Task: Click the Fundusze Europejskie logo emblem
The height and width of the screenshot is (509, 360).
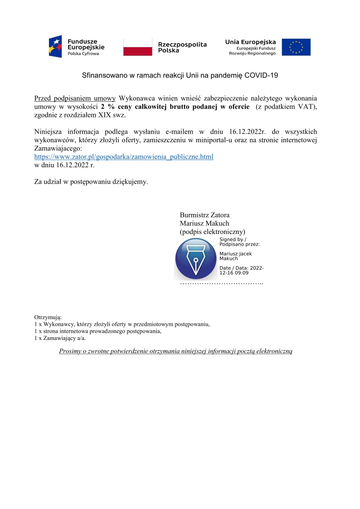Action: [55, 47]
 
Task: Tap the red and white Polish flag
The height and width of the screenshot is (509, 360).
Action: [138, 47]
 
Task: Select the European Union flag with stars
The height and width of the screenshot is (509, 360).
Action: [296, 47]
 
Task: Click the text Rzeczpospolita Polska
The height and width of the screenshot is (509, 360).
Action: [182, 47]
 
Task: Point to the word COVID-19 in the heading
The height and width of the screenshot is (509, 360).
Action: [261, 76]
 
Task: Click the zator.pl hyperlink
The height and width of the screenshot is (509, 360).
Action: [124, 157]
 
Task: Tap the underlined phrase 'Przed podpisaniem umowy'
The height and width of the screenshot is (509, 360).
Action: [75, 98]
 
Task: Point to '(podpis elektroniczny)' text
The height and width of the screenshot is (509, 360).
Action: [212, 231]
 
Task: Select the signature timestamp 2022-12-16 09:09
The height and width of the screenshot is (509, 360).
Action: [241, 271]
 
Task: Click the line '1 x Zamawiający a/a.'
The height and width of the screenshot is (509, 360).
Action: [60, 338]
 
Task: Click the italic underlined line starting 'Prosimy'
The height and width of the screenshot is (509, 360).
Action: [175, 351]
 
